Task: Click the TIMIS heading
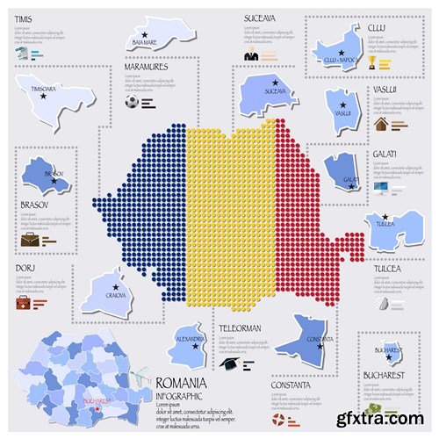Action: point(24,17)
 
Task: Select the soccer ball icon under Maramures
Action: point(132,101)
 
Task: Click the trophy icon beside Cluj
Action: point(372,63)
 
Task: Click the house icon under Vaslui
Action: point(381,124)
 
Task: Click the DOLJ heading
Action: point(24,269)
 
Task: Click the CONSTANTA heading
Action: point(290,385)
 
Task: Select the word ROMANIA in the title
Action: point(181,383)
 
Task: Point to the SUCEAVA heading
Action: point(261,17)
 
